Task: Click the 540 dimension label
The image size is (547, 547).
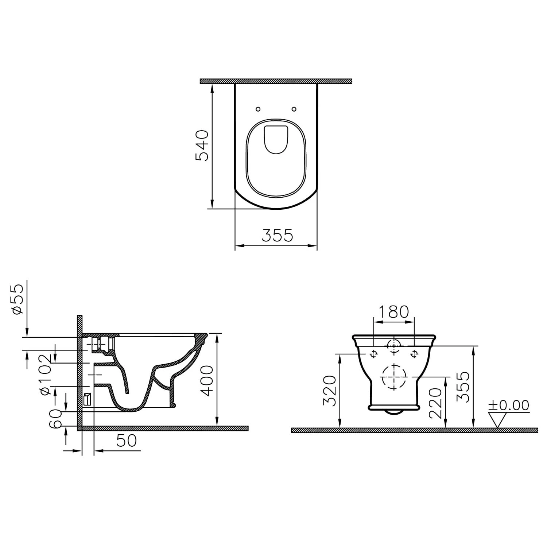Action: pos(202,145)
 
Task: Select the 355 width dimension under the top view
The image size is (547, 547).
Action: pos(277,236)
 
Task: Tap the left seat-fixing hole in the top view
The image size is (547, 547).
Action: pos(258,109)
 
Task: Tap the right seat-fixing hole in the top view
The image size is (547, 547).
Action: pos(294,109)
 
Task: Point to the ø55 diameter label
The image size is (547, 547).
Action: pos(18,299)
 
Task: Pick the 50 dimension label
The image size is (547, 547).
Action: pos(127,441)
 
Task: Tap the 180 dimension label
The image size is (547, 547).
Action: pos(394,312)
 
